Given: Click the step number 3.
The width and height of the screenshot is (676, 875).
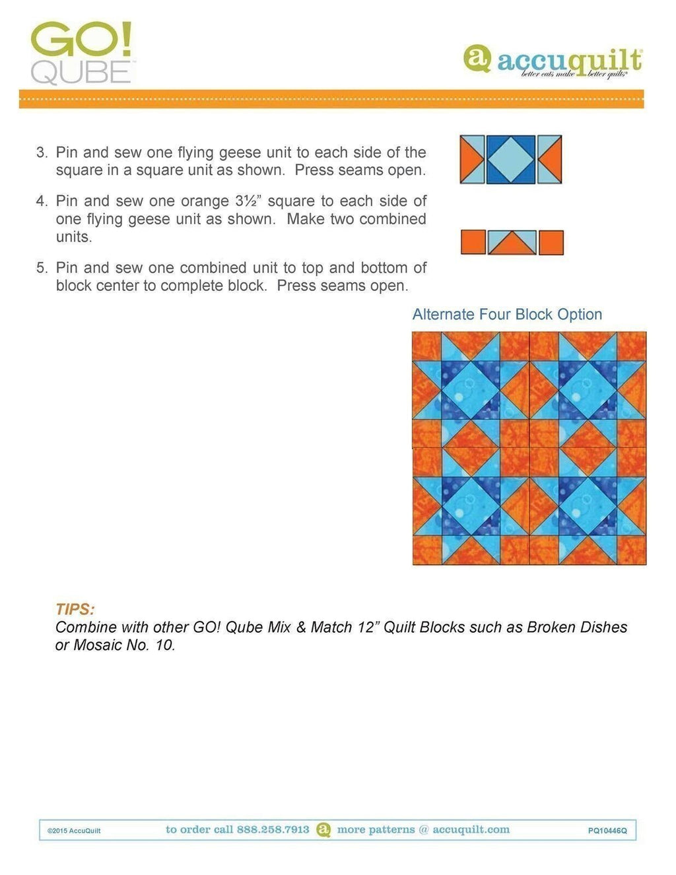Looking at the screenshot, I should point(42,152).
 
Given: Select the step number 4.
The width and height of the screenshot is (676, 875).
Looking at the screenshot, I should point(42,201).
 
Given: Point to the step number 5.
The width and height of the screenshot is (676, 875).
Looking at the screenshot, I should point(42,268).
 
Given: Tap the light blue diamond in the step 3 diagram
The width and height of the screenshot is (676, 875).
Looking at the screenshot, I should point(510,160).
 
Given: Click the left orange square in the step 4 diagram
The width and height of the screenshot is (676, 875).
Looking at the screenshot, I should point(473,243).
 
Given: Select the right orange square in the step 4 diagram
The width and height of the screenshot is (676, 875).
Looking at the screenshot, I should point(551,243).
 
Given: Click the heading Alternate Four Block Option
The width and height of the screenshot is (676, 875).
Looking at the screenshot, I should point(507,315).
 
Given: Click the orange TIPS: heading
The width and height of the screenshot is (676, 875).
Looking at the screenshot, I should point(75,609).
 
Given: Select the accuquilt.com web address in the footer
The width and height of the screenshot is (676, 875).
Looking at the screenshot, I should point(471,829).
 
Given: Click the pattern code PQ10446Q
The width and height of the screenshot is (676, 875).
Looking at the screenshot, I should point(607,831).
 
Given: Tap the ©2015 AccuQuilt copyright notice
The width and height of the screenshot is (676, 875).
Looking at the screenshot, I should point(74,831).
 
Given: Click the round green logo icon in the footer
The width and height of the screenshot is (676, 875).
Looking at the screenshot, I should point(323,829).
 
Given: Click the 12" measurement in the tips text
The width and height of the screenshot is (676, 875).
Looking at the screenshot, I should point(366,627).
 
